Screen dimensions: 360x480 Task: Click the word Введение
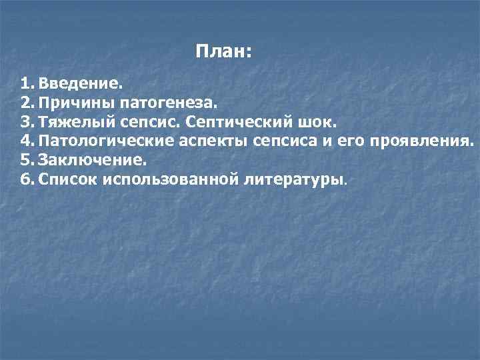click(81, 85)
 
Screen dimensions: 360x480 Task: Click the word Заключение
click(92, 161)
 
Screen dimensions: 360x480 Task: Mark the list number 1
click(26, 85)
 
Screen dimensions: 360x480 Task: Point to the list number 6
click(27, 180)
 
